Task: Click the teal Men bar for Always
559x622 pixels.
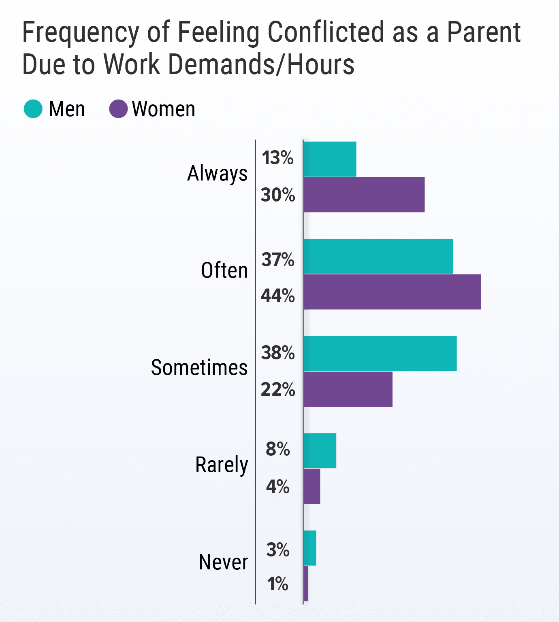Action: click(x=330, y=159)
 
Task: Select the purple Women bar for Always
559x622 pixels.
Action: click(x=364, y=195)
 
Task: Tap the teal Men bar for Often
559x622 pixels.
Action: click(x=378, y=256)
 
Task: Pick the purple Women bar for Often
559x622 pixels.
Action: click(x=393, y=292)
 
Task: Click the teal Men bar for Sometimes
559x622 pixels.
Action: click(x=380, y=353)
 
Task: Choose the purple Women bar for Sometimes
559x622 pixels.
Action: click(x=348, y=389)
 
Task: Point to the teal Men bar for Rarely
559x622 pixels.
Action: click(x=320, y=450)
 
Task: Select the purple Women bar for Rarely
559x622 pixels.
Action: click(x=312, y=486)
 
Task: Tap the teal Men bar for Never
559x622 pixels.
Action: click(x=310, y=548)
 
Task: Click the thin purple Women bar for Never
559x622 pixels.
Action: click(x=306, y=583)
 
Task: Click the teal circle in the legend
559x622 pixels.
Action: click(x=33, y=109)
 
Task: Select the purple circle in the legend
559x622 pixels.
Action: click(x=118, y=109)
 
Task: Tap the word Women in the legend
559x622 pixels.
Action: click(x=164, y=109)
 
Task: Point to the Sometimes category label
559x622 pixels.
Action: click(x=199, y=367)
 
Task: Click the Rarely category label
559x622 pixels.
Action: click(x=222, y=465)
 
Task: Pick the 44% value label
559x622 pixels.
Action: click(x=278, y=296)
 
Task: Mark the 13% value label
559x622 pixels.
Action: click(x=278, y=158)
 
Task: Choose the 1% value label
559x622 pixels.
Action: click(x=278, y=584)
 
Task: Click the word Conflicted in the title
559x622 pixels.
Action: click(x=326, y=32)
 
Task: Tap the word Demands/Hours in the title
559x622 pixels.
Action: click(x=261, y=64)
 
